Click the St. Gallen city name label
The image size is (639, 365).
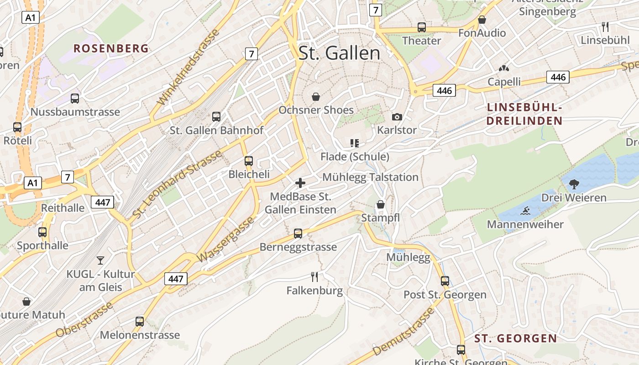[339, 53]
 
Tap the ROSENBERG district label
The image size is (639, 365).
[111, 48]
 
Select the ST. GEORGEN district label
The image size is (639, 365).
[515, 339]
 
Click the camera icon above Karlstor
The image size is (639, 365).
[397, 117]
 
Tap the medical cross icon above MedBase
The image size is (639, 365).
[300, 183]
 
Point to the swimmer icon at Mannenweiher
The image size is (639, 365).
[525, 211]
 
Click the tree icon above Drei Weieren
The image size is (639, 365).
[574, 184]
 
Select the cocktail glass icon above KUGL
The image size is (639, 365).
[100, 261]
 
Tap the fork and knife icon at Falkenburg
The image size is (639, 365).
[314, 276]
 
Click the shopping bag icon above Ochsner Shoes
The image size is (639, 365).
[315, 97]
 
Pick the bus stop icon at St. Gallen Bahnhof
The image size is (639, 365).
[216, 117]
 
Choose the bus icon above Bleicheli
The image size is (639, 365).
[249, 161]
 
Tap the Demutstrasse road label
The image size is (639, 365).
[403, 333]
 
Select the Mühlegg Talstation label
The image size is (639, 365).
[370, 177]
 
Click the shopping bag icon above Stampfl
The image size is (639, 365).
[380, 204]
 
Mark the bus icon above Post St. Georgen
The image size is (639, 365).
[445, 281]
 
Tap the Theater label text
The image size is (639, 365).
[421, 41]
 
